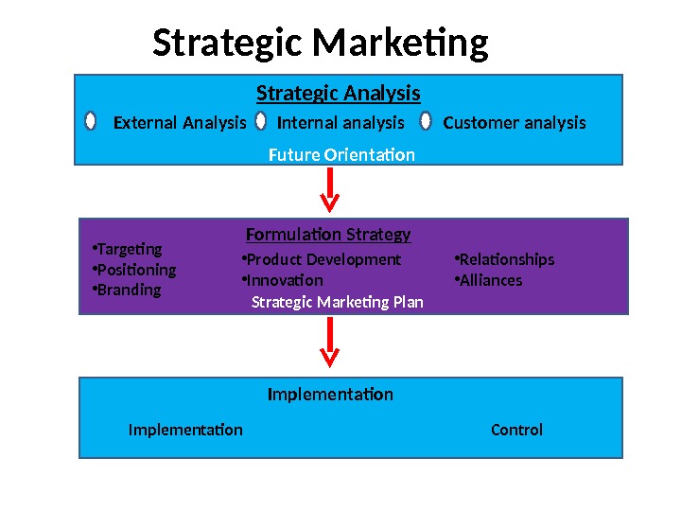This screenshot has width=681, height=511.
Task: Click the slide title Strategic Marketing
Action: (x=321, y=43)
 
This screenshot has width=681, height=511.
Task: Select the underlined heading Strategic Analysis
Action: (x=339, y=94)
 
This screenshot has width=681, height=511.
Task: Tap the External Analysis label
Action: (x=180, y=123)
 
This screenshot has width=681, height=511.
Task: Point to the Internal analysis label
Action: (x=340, y=123)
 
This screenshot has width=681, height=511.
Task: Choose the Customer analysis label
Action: (x=515, y=123)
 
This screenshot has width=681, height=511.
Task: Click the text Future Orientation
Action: (x=341, y=154)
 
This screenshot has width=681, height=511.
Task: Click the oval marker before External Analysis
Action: (x=90, y=122)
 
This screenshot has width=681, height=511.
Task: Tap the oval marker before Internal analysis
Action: (x=260, y=122)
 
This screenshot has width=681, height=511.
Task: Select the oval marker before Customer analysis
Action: (x=427, y=122)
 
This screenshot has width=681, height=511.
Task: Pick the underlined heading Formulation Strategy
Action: (x=328, y=234)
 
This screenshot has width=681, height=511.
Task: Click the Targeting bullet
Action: (x=128, y=249)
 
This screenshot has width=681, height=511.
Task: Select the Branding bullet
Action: (x=128, y=290)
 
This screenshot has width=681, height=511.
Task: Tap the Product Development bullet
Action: (x=322, y=259)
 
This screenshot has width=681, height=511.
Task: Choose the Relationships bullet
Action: (x=504, y=259)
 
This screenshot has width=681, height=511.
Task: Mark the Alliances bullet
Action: (x=488, y=280)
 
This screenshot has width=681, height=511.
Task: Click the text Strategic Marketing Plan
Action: (x=338, y=302)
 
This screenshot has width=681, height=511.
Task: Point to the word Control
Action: (x=516, y=430)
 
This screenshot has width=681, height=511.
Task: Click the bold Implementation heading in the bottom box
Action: (x=330, y=394)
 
